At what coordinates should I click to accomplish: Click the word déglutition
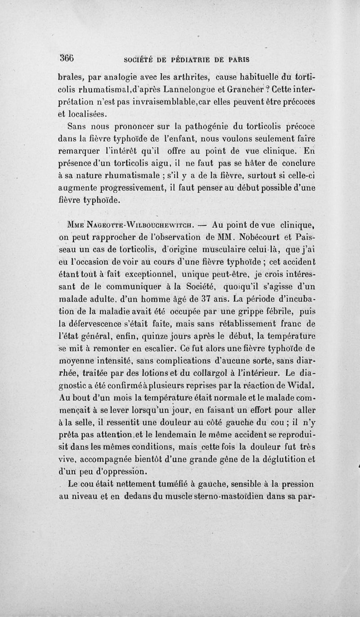271,460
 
